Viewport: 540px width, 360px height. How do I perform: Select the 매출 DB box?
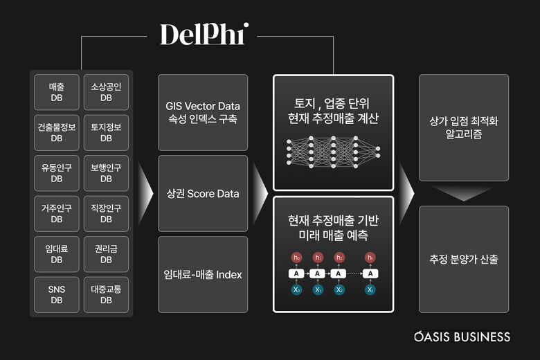pyautogui.click(x=57, y=92)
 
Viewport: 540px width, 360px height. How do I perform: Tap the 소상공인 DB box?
pyautogui.click(x=105, y=92)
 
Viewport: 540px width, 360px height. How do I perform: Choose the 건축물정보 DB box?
pyautogui.click(x=57, y=132)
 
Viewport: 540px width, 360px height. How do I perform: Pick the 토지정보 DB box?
pyautogui.click(x=105, y=132)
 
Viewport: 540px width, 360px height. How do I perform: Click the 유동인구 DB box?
pyautogui.click(x=57, y=172)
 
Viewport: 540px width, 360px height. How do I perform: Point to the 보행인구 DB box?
pyautogui.click(x=105, y=172)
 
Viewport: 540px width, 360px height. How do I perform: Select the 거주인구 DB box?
pyautogui.click(x=57, y=213)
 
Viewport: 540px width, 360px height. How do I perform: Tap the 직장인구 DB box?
pyautogui.click(x=105, y=213)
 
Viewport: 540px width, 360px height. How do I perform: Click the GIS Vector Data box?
pyautogui.click(x=203, y=112)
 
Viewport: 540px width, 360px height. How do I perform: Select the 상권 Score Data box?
pyautogui.click(x=203, y=193)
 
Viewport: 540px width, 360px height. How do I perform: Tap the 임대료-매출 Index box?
pyautogui.click(x=203, y=274)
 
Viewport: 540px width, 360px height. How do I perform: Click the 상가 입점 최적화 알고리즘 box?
pyautogui.click(x=464, y=127)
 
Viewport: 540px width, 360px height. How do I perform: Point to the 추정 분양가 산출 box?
pyautogui.click(x=464, y=260)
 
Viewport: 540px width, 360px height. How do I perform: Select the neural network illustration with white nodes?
pyautogui.click(x=333, y=151)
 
